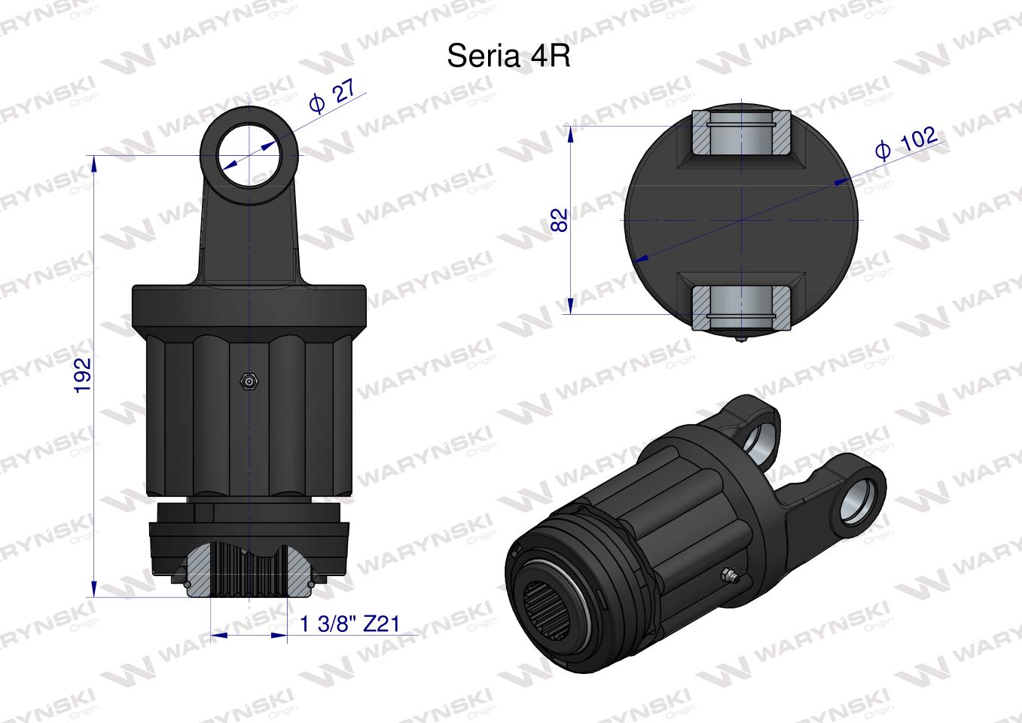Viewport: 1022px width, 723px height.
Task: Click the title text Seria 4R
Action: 508,56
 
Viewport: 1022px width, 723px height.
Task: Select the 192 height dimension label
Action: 83,374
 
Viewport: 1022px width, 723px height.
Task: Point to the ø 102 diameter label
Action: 907,142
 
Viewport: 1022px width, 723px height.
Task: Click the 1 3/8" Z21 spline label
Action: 349,624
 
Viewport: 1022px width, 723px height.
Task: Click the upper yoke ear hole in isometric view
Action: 761,441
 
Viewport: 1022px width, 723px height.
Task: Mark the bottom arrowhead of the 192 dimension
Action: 93,589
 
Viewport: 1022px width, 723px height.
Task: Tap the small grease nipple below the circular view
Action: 741,339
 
